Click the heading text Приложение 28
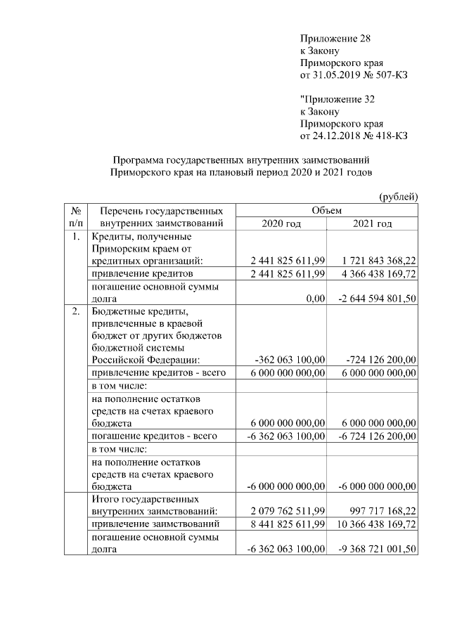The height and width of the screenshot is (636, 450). pyautogui.click(x=335, y=38)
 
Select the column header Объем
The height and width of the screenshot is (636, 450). pyautogui.click(x=326, y=210)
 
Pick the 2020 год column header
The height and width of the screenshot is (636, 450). pyautogui.click(x=281, y=223)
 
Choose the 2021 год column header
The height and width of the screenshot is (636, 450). pyautogui.click(x=372, y=223)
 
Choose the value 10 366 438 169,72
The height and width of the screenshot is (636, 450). pyautogui.click(x=374, y=524)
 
